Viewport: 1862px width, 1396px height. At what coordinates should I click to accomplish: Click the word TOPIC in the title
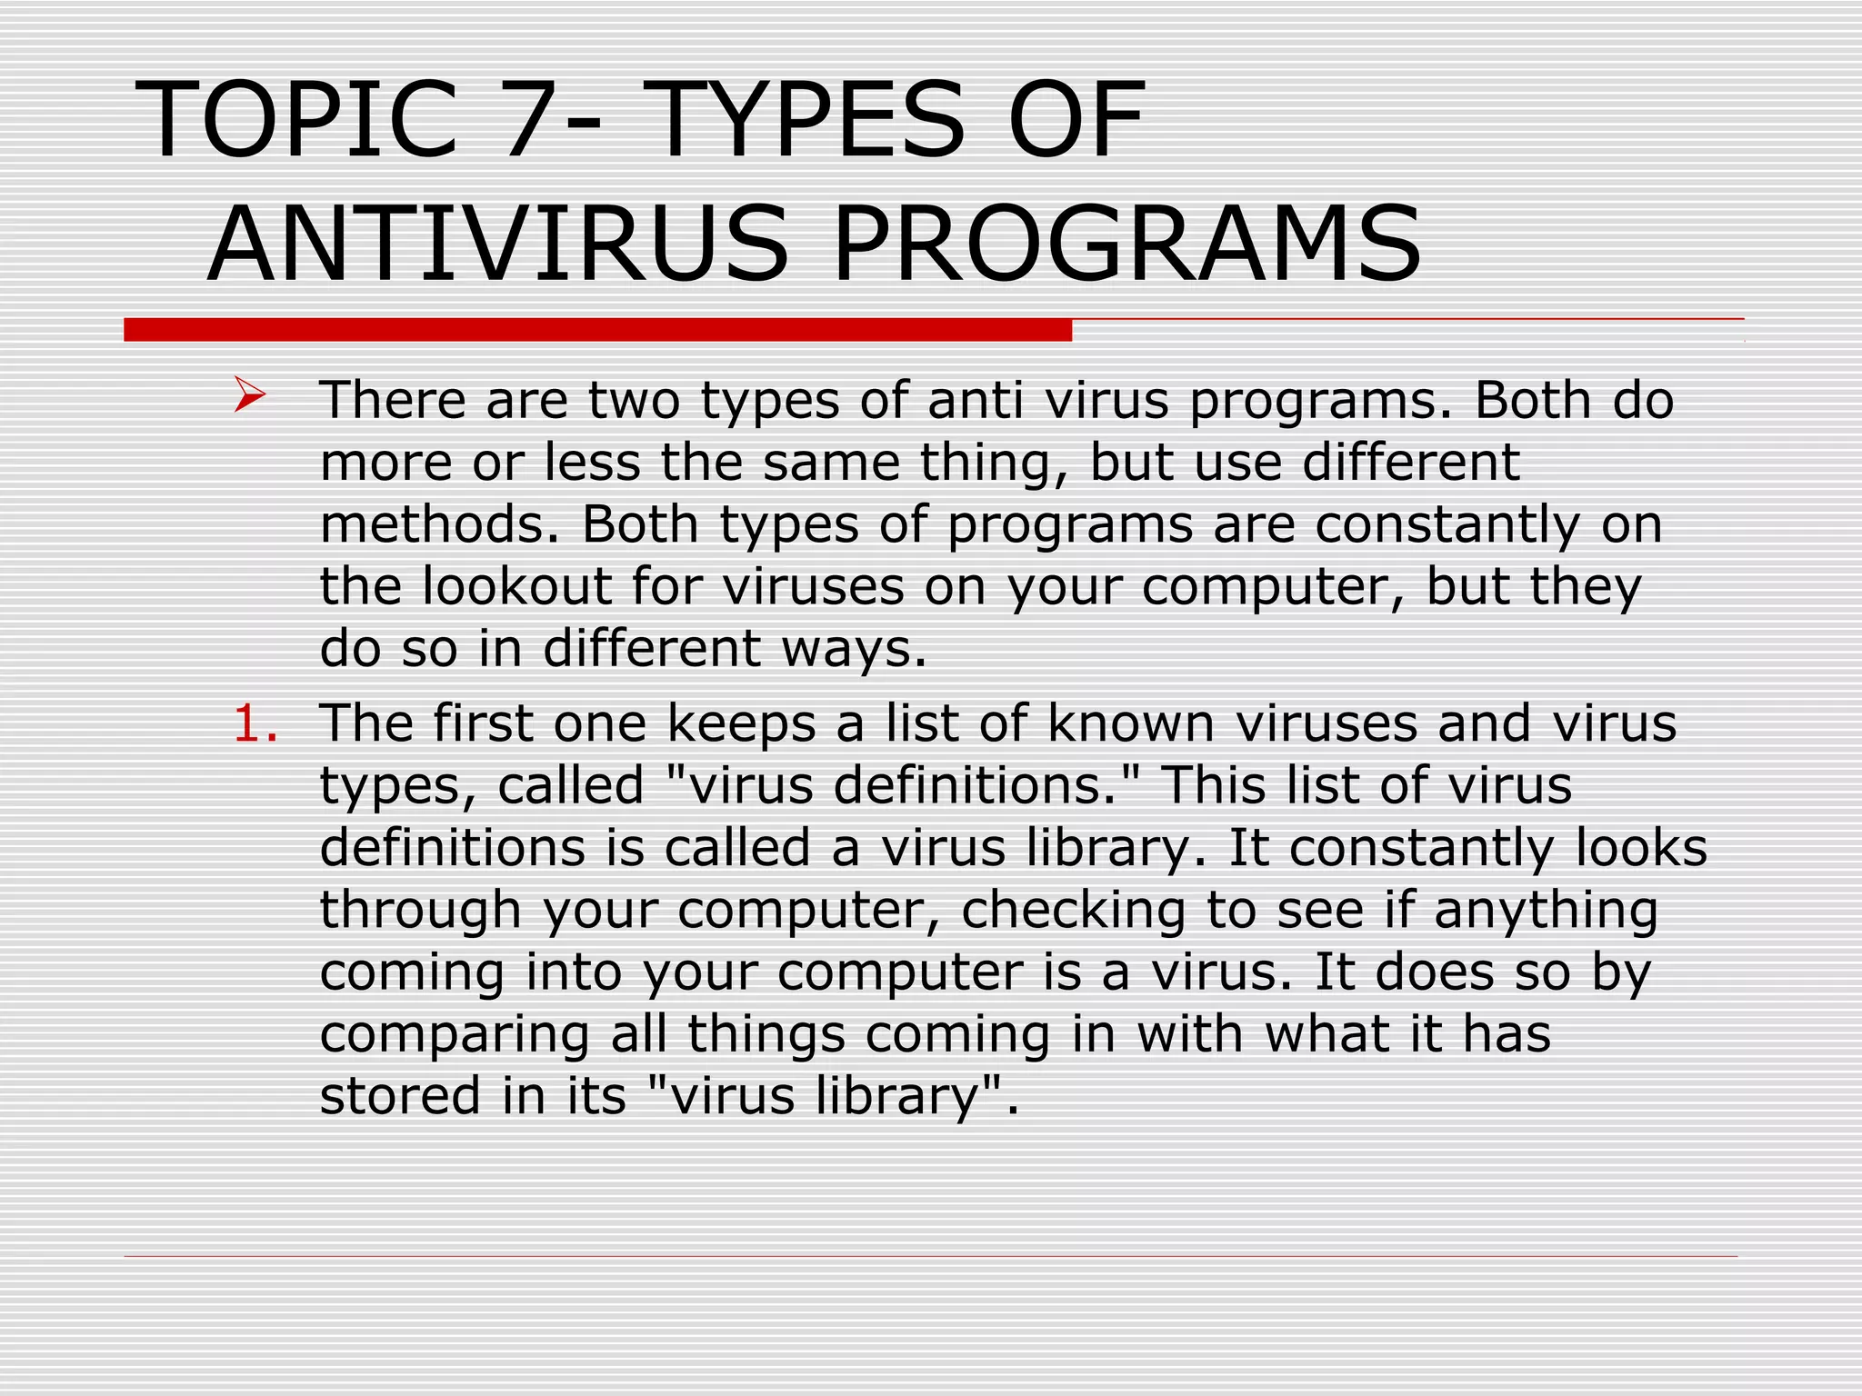(x=296, y=121)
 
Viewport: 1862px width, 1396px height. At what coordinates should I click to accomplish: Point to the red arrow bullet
(x=249, y=395)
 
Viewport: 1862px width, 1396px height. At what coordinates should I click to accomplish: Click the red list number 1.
(x=255, y=724)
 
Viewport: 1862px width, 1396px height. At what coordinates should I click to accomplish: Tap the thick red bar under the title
(x=597, y=330)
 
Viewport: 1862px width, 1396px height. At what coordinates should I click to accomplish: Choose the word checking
(x=1073, y=910)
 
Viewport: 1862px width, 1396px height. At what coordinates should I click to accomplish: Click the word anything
(x=1546, y=910)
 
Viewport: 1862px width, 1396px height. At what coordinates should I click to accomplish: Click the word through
(x=420, y=910)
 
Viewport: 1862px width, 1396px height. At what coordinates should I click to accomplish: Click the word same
(x=828, y=463)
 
